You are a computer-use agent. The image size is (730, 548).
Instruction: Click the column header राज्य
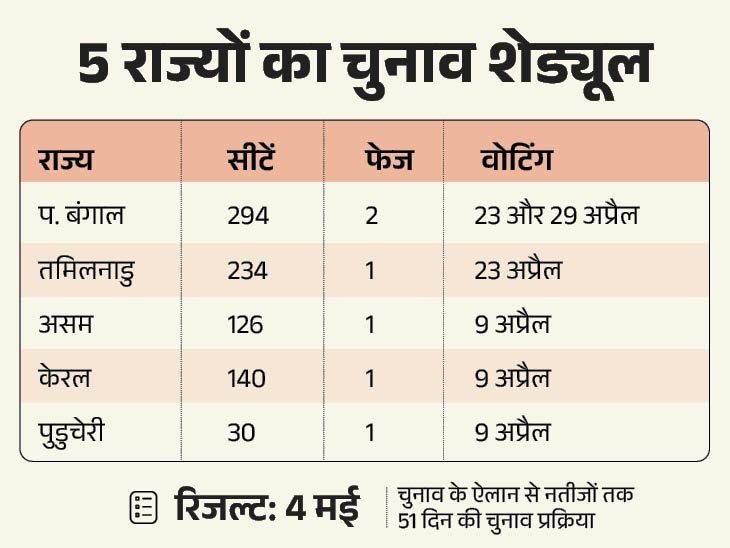click(x=65, y=160)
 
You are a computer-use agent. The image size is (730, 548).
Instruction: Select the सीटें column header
click(x=249, y=160)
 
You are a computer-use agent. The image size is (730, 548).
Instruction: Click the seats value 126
click(x=246, y=325)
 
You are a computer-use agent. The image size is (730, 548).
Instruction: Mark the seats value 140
click(x=247, y=379)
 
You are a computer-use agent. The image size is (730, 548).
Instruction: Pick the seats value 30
click(x=241, y=433)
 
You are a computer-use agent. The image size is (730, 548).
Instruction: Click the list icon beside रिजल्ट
click(x=144, y=507)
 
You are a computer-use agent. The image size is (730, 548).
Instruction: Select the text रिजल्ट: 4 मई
click(x=266, y=506)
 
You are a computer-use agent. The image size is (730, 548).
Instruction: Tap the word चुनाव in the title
click(x=387, y=64)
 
